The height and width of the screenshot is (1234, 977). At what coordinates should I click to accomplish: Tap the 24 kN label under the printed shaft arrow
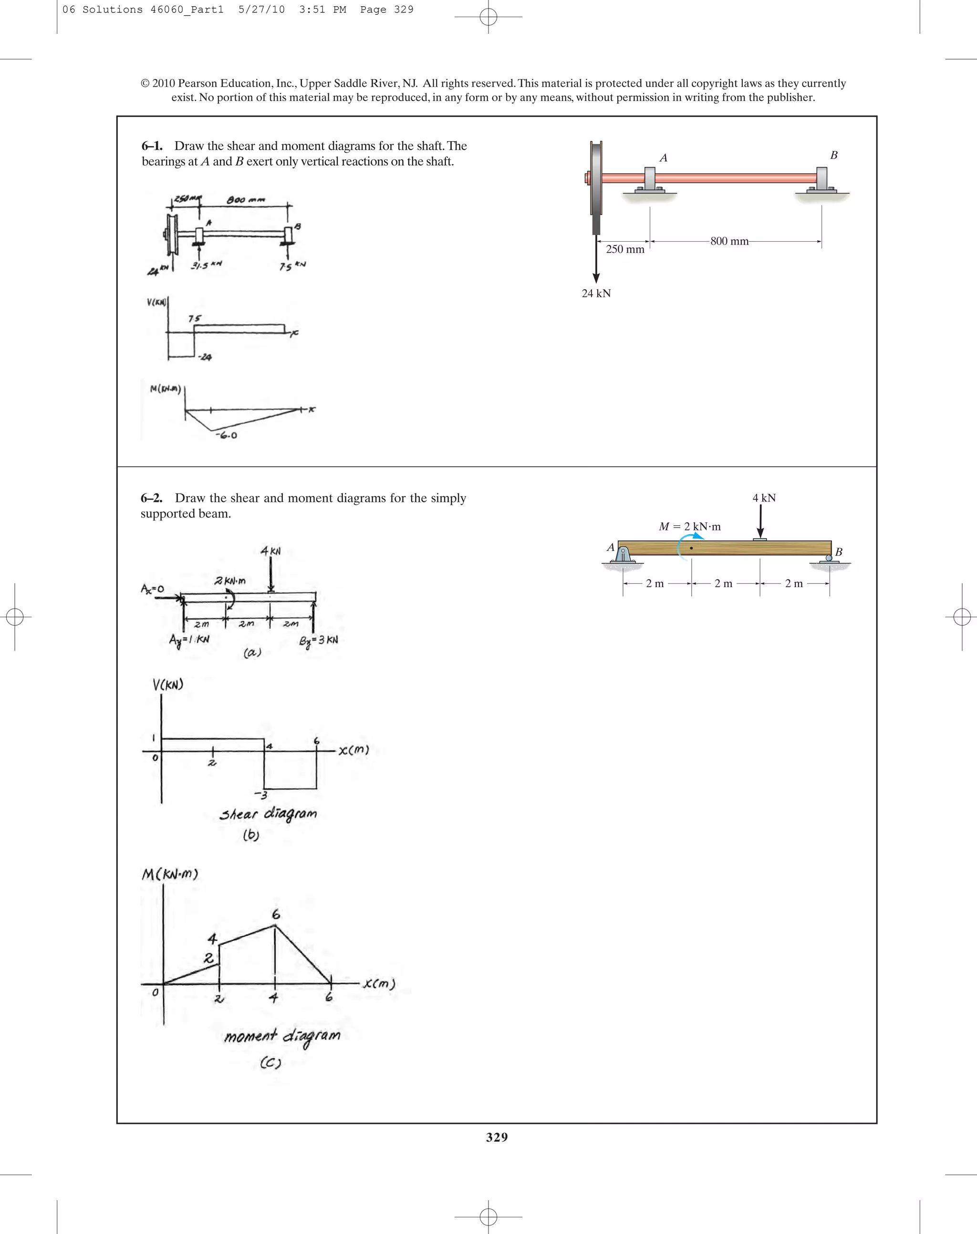pyautogui.click(x=596, y=293)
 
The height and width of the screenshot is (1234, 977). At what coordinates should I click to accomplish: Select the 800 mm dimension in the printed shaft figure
pyautogui.click(x=729, y=241)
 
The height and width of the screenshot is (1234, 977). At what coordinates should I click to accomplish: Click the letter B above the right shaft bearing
pyautogui.click(x=833, y=155)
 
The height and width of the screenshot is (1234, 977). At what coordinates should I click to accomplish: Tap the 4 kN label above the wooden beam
pyautogui.click(x=764, y=498)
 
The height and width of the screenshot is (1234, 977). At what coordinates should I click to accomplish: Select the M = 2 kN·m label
pyautogui.click(x=690, y=526)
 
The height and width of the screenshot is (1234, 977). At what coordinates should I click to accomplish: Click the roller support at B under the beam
pyautogui.click(x=829, y=558)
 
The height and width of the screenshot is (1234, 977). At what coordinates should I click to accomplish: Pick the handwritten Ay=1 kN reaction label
pyautogui.click(x=189, y=640)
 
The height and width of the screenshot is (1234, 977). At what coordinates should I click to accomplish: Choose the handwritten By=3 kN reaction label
pyautogui.click(x=319, y=640)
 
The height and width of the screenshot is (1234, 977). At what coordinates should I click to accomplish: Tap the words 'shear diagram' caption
pyautogui.click(x=268, y=814)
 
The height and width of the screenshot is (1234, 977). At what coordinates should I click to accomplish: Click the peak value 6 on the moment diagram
pyautogui.click(x=276, y=915)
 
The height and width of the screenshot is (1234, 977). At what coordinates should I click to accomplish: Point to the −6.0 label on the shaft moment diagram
pyautogui.click(x=227, y=436)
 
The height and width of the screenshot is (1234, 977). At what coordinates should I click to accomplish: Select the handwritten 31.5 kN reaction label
pyautogui.click(x=206, y=265)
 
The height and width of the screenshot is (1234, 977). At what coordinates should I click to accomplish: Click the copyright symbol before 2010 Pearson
pyautogui.click(x=145, y=83)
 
